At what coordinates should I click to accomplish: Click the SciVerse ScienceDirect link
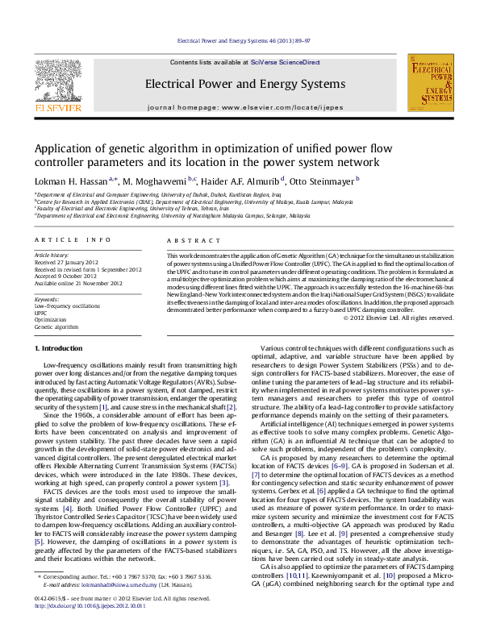285,62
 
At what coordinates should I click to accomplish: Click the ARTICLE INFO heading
73,240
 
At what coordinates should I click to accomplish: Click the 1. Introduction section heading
61,347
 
